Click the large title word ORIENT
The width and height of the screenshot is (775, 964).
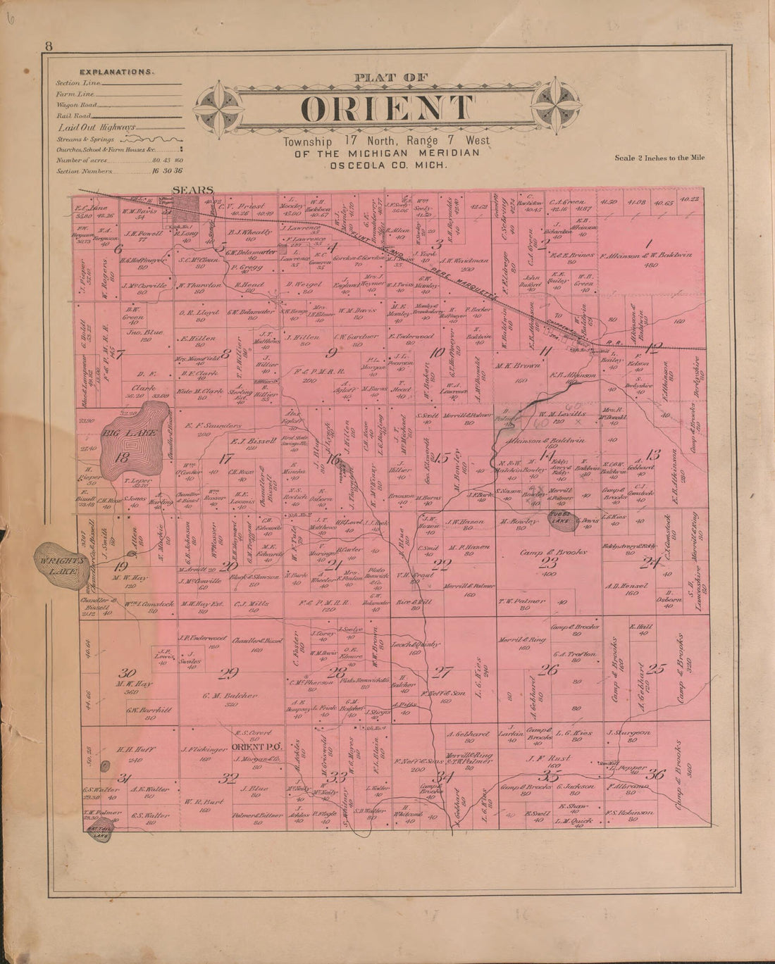(387, 108)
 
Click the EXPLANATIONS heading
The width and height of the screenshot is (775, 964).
(117, 72)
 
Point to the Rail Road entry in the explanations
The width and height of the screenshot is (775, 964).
(73, 115)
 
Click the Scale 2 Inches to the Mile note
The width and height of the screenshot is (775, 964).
(659, 158)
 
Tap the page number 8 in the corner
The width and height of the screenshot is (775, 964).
(49, 47)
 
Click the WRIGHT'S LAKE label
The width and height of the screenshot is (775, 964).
(61, 563)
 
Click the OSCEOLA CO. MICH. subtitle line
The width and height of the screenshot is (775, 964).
(386, 164)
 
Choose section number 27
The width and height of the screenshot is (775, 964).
(442, 671)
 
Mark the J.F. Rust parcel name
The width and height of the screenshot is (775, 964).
(550, 758)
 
